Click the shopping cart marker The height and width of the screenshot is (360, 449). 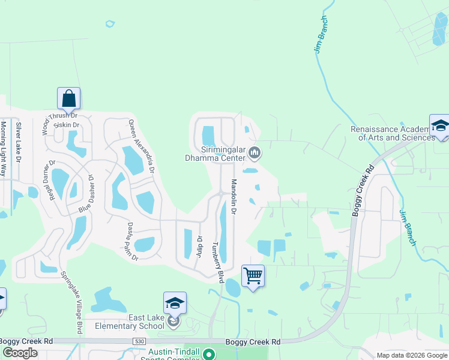tap(253, 277)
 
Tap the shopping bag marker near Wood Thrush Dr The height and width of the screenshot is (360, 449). tap(68, 98)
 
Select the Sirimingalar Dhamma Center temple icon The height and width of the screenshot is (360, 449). tap(255, 153)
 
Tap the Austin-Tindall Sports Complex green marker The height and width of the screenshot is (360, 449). tap(208, 354)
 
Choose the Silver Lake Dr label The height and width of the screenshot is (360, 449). tap(18, 142)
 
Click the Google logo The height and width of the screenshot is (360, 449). tap(20, 353)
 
